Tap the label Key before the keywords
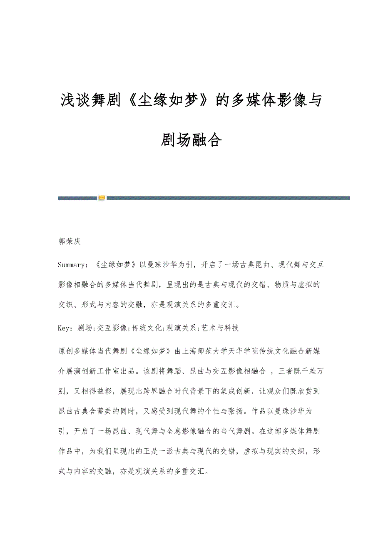64,328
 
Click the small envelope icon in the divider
102,198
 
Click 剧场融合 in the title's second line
191,141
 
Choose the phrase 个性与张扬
224,410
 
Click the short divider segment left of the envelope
77,198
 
